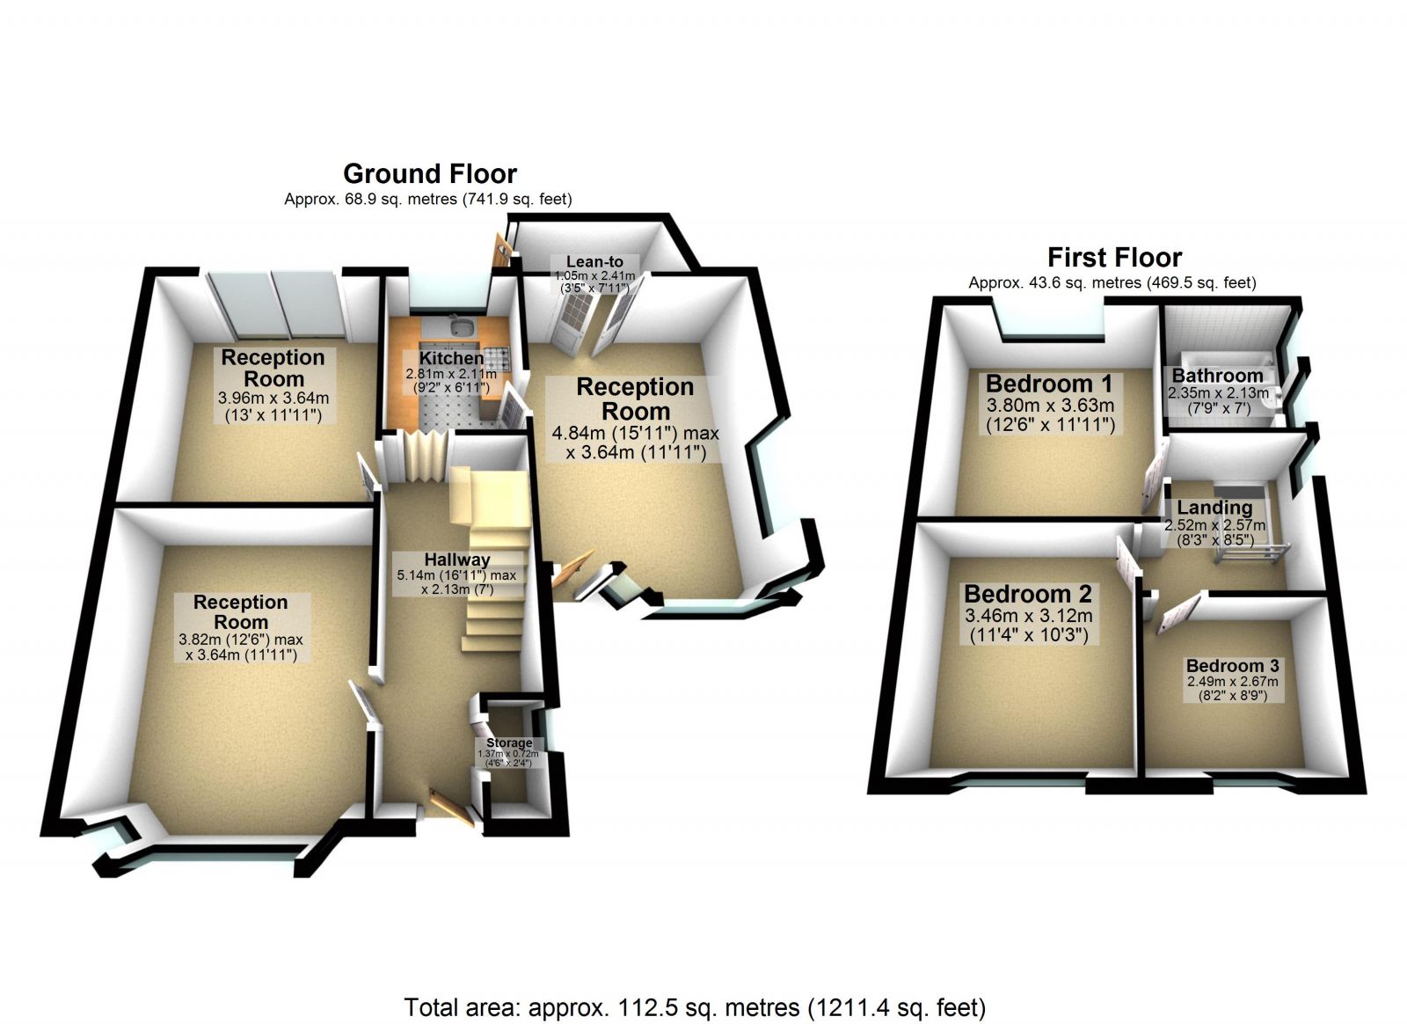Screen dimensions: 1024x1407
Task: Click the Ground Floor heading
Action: (x=429, y=173)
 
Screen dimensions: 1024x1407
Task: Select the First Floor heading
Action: (x=1114, y=258)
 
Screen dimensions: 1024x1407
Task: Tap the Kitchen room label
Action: (x=450, y=358)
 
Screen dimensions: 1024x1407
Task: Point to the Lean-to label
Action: (x=594, y=261)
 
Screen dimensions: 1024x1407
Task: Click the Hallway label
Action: (x=456, y=560)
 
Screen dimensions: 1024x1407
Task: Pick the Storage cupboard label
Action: (x=509, y=743)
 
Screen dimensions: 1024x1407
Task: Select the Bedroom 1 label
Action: (x=1049, y=384)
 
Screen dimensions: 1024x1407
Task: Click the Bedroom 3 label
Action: (x=1232, y=666)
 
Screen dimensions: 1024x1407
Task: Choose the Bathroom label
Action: (x=1217, y=376)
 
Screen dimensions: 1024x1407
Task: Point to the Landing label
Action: (x=1214, y=508)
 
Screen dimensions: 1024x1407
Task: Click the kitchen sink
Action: (x=460, y=329)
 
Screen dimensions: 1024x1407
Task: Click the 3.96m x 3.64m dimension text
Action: (x=273, y=398)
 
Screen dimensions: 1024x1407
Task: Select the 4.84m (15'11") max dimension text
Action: (x=635, y=433)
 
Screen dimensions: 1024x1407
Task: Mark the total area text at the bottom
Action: (x=695, y=1006)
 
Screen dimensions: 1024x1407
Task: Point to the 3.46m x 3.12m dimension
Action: (x=1028, y=616)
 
